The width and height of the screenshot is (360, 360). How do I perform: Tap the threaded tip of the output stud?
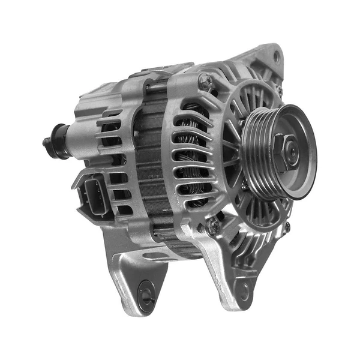(46, 142)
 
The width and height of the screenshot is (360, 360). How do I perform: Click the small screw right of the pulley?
(287, 227)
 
